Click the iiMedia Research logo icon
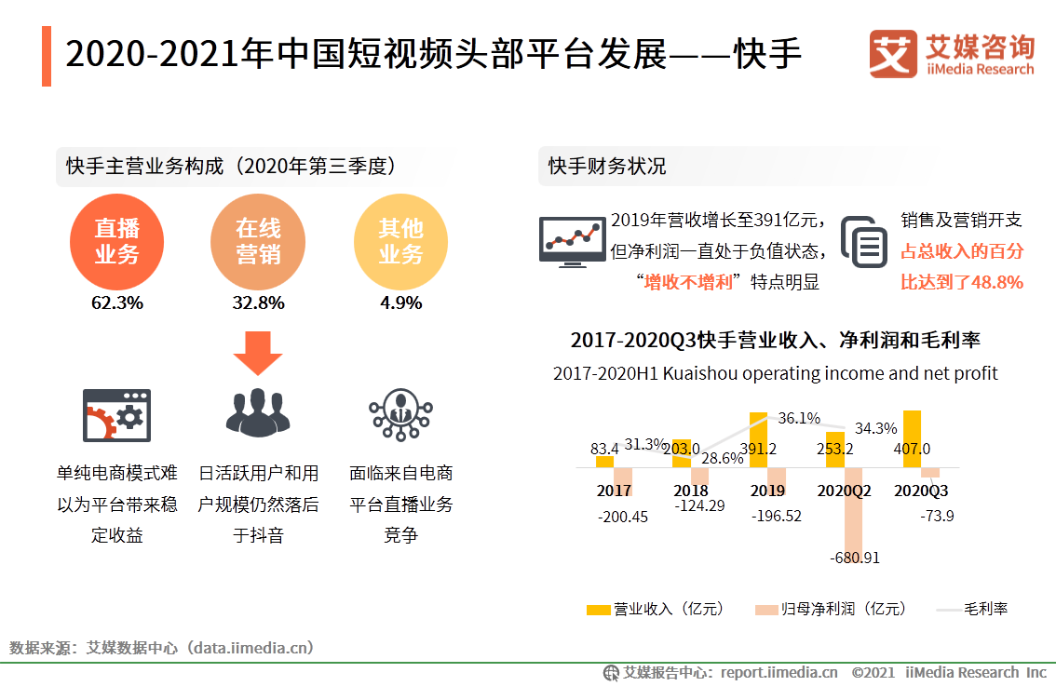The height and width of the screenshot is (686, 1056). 893,54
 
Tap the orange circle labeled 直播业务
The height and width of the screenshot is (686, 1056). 117,242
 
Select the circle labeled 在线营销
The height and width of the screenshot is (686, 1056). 258,242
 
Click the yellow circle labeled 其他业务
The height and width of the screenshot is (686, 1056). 400,242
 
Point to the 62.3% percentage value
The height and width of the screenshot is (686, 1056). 117,303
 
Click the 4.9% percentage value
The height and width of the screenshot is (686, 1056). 400,303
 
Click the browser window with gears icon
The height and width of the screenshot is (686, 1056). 116,415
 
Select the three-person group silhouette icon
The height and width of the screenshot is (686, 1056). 258,413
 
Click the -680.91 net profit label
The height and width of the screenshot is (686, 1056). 854,558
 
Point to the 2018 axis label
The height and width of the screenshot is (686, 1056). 690,491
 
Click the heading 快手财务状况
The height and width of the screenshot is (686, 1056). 607,167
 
